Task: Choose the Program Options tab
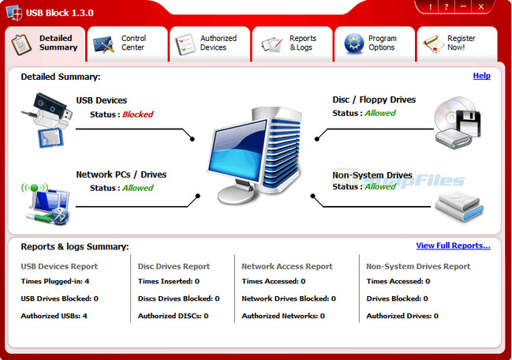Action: click(375, 43)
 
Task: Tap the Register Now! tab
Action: click(456, 43)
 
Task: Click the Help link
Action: click(481, 76)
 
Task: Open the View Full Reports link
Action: click(453, 246)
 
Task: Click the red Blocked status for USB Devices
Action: click(137, 114)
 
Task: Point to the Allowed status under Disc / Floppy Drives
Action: click(379, 113)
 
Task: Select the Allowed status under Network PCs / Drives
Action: click(137, 188)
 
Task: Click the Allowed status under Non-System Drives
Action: click(379, 186)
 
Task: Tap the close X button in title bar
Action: click(480, 6)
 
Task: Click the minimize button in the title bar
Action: click(462, 6)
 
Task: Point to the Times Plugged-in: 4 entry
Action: click(54, 281)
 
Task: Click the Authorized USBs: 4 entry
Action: click(54, 316)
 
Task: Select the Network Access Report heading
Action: click(287, 267)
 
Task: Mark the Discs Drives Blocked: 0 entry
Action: click(178, 298)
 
